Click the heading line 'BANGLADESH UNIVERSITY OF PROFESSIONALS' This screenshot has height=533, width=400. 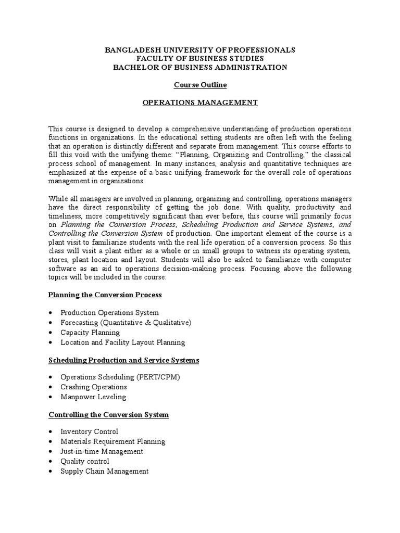point(200,50)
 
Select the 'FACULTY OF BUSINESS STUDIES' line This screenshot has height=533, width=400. point(200,59)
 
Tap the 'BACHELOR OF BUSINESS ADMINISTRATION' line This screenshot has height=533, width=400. point(200,67)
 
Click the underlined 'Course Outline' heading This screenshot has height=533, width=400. point(200,85)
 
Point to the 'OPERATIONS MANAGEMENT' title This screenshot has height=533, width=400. point(200,103)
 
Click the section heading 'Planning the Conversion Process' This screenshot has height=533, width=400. point(105,295)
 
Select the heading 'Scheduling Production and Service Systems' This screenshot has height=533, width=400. point(123,360)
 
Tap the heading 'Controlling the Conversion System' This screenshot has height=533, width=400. point(108,415)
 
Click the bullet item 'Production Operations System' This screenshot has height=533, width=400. point(110,313)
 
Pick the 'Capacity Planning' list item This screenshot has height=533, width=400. point(90,333)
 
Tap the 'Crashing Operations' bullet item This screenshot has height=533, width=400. point(94,387)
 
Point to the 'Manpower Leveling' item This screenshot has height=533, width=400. point(93,397)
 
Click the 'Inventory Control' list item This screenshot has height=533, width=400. point(90,432)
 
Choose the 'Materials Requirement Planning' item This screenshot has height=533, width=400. point(113,441)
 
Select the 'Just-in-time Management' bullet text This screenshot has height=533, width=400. point(102,451)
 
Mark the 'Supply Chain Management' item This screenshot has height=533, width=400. point(105,471)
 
